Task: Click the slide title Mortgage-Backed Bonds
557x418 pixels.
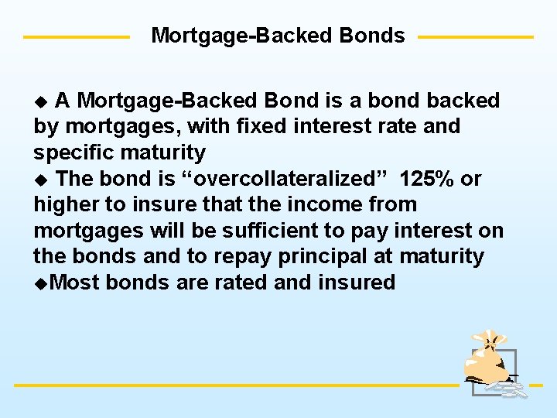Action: (x=278, y=36)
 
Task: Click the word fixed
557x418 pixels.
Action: (x=241, y=126)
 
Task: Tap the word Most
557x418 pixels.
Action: (x=74, y=283)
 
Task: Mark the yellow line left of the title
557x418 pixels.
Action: (x=76, y=36)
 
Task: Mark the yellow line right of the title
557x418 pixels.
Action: (x=475, y=36)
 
